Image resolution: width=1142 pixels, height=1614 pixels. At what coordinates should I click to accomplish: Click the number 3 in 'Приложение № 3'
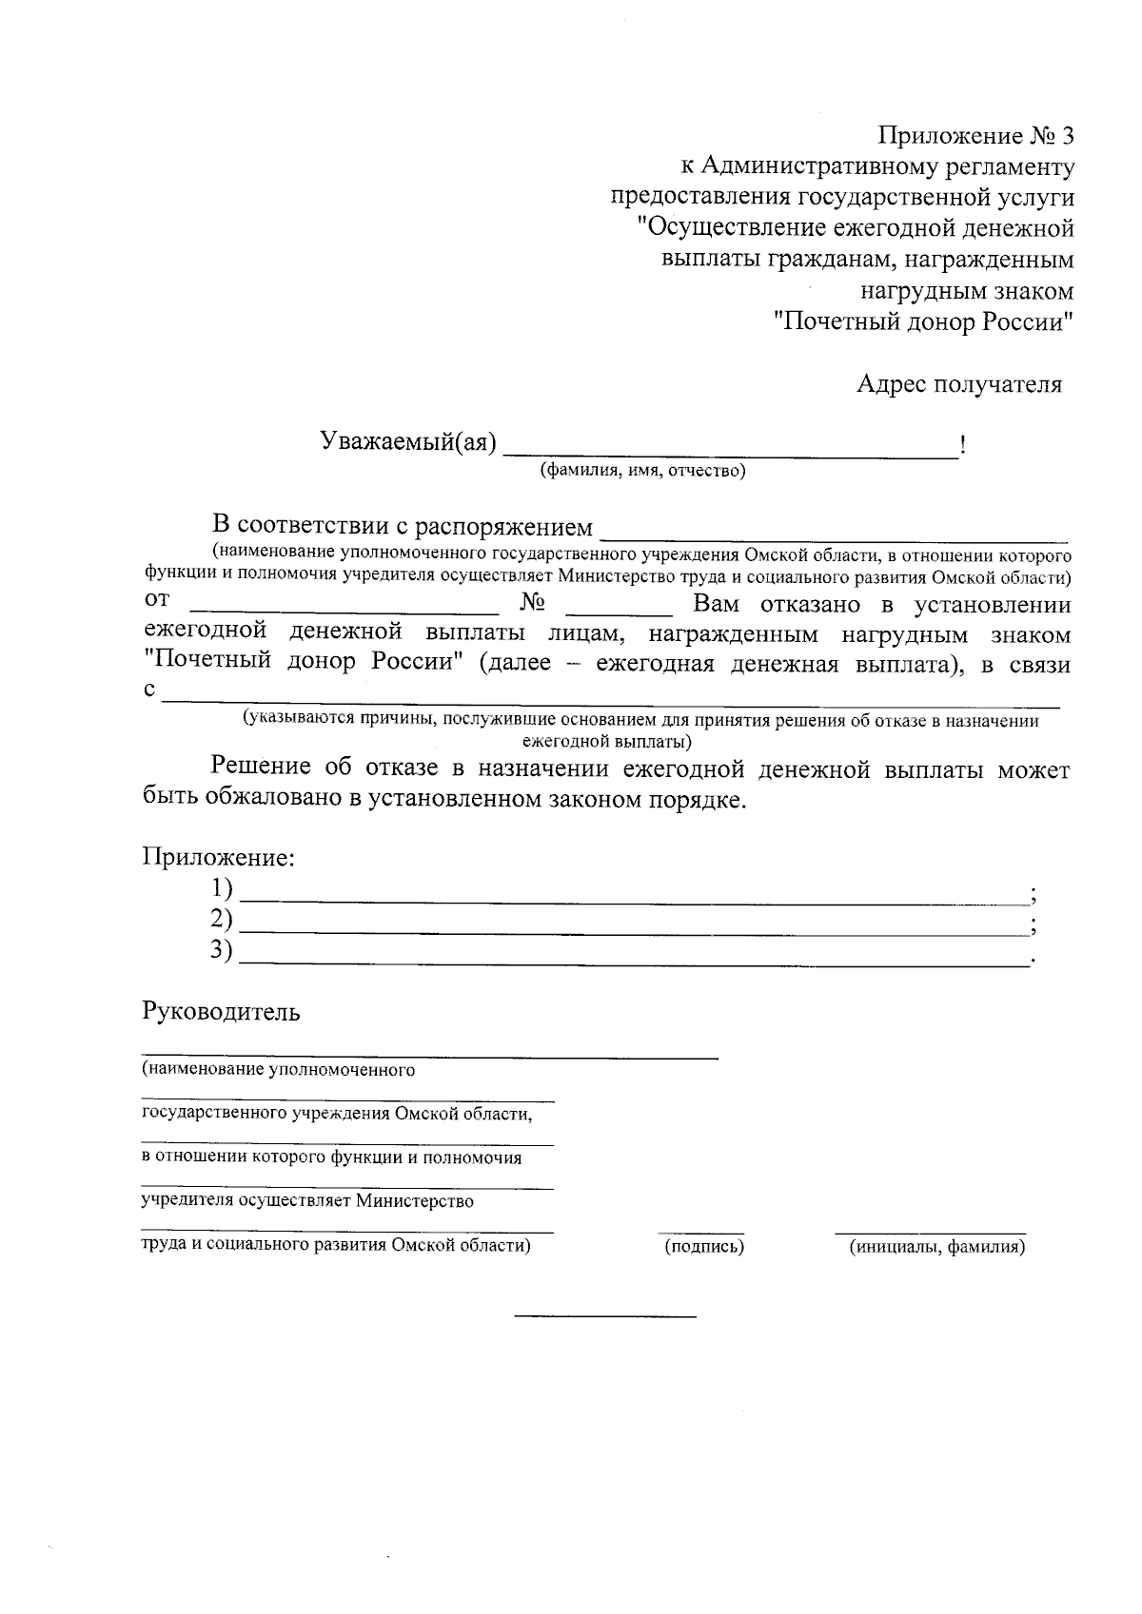(x=1066, y=136)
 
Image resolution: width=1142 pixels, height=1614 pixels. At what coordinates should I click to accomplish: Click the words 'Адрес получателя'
(x=958, y=384)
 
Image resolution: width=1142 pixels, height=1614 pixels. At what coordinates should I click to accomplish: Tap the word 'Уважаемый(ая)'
(x=408, y=442)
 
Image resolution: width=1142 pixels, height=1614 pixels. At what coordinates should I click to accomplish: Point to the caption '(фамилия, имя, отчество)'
(x=642, y=471)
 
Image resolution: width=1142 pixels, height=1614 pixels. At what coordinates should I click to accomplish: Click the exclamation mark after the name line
(x=964, y=444)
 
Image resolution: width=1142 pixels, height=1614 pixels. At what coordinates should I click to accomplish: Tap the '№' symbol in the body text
(x=533, y=603)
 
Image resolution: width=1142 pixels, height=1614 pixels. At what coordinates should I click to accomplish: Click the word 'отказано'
(x=813, y=605)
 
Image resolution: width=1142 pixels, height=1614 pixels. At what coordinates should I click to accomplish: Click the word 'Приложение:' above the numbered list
(x=219, y=857)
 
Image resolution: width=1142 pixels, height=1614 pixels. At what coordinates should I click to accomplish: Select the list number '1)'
(x=222, y=888)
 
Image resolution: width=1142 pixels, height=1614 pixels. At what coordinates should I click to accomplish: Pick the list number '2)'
(x=222, y=919)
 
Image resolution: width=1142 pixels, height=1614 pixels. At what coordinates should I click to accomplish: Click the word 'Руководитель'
(x=221, y=1011)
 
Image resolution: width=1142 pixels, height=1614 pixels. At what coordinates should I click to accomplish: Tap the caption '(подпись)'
(x=703, y=1246)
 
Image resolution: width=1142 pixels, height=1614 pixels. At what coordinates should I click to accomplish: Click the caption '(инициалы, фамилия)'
(x=936, y=1246)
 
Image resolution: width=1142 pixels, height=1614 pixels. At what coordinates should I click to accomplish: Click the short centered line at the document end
(x=605, y=1316)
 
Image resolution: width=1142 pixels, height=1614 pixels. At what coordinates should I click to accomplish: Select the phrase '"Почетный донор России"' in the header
(x=923, y=321)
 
